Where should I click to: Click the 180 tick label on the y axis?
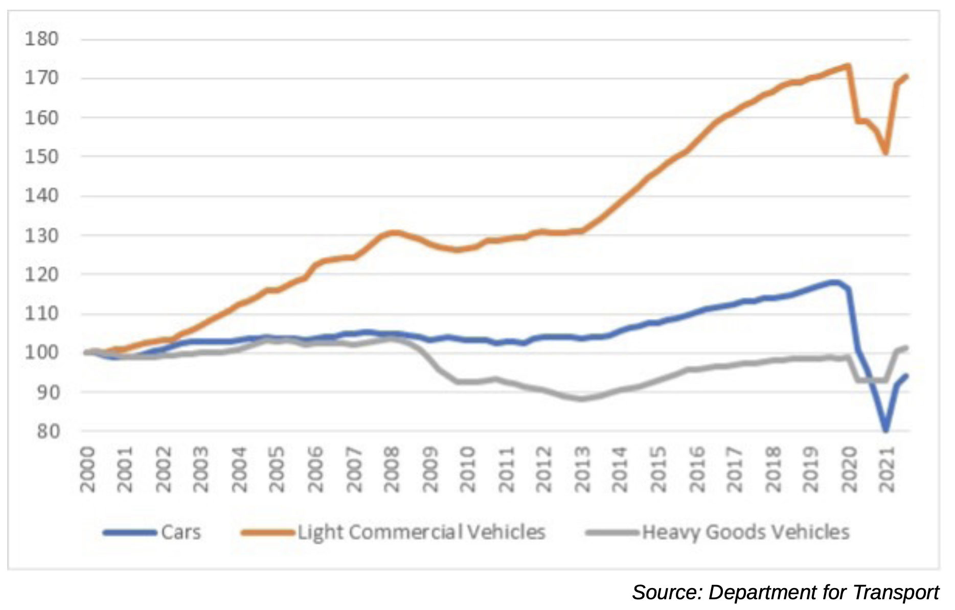[42, 39]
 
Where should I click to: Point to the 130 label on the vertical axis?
[42, 236]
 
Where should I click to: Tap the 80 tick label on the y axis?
[48, 432]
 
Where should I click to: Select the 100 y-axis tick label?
[42, 353]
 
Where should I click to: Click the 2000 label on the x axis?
[88, 469]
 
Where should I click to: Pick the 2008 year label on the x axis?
[392, 469]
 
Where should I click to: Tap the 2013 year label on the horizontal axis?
[582, 469]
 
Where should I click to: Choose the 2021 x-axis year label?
[886, 469]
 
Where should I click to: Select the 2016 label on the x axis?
[697, 469]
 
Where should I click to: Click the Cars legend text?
[181, 532]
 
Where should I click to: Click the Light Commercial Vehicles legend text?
[422, 532]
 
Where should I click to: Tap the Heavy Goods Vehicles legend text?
[745, 532]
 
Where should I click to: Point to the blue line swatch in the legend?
[129, 533]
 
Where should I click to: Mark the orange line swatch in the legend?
[267, 533]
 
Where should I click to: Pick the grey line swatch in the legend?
[612, 533]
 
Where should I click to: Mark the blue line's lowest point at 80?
[885, 431]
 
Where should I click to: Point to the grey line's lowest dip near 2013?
[581, 399]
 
